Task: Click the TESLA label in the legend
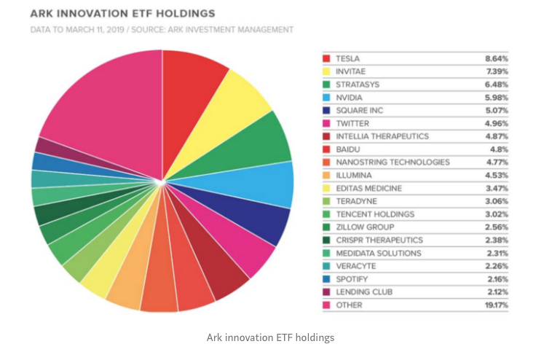pyautogui.click(x=347, y=58)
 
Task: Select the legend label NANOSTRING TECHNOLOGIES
pyautogui.click(x=393, y=163)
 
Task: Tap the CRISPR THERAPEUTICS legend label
pyautogui.click(x=379, y=240)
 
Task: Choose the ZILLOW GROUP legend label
pyautogui.click(x=365, y=227)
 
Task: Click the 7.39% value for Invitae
pyautogui.click(x=497, y=71)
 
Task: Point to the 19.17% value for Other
pyautogui.click(x=496, y=305)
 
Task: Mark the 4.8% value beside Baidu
pyautogui.click(x=499, y=149)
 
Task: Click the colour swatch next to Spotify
pyautogui.click(x=326, y=279)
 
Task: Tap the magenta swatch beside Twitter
pyautogui.click(x=326, y=123)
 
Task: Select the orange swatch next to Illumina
pyautogui.click(x=326, y=175)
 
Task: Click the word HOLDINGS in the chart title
pyautogui.click(x=186, y=14)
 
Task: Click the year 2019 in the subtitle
pyautogui.click(x=115, y=30)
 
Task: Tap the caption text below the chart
pyautogui.click(x=270, y=338)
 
